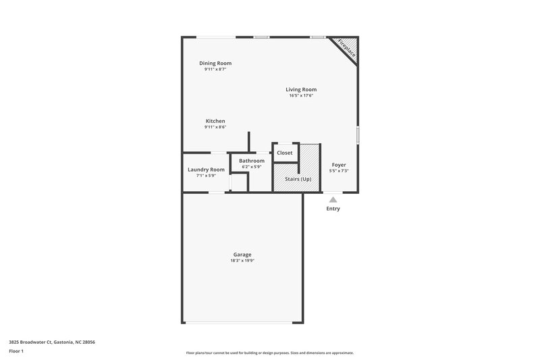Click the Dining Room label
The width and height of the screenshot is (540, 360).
(x=215, y=63)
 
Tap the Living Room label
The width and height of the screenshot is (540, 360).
(x=301, y=89)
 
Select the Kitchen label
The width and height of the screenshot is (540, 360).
(x=215, y=121)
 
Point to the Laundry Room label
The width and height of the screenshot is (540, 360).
(x=206, y=170)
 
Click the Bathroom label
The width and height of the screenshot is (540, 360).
(x=252, y=161)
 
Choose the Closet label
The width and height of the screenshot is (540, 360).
(x=285, y=153)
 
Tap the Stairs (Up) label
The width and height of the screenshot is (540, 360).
(x=298, y=178)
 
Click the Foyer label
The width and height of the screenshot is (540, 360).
(x=338, y=165)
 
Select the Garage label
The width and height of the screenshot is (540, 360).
(x=243, y=255)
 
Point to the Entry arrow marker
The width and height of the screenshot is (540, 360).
(x=332, y=199)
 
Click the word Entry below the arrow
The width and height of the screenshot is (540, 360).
(x=333, y=209)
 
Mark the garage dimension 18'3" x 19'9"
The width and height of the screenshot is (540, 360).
(x=243, y=261)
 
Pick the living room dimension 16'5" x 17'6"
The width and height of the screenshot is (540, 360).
(x=301, y=95)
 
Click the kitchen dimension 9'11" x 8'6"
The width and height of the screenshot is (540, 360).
(x=215, y=127)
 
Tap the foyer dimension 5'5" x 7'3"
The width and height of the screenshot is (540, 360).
(x=338, y=171)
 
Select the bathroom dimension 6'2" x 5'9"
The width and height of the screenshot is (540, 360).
(x=252, y=167)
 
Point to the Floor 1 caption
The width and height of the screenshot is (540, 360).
(x=16, y=352)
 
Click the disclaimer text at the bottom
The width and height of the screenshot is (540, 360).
(x=269, y=353)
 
